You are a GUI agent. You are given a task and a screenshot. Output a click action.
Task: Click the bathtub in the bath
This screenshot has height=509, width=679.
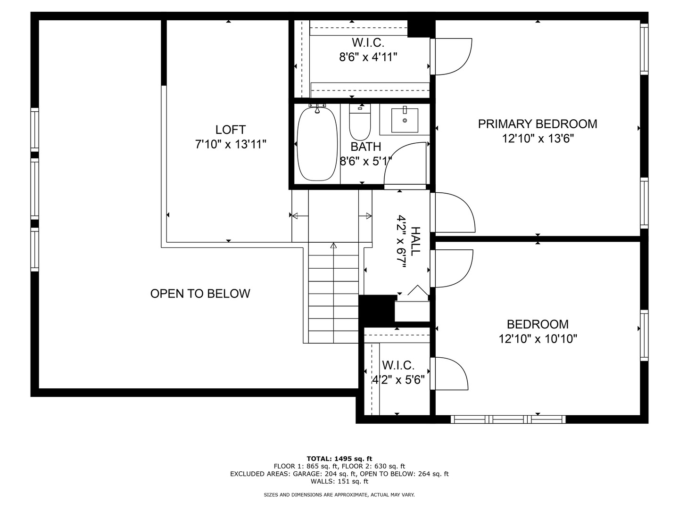(x=317, y=144)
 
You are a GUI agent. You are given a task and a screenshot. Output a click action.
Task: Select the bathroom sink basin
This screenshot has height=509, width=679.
(x=405, y=121)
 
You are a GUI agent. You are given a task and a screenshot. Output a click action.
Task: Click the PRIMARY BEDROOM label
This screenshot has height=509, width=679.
(x=538, y=124)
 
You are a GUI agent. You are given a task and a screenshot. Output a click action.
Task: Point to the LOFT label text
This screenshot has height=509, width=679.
(x=231, y=130)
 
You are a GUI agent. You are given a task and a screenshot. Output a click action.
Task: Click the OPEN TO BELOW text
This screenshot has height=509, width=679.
(x=200, y=294)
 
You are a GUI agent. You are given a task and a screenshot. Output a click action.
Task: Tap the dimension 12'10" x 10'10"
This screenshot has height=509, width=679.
(x=538, y=339)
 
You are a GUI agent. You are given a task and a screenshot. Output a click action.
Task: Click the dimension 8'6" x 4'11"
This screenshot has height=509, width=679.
(x=368, y=57)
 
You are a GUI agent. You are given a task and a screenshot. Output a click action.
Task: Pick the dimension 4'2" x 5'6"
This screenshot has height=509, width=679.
(x=398, y=379)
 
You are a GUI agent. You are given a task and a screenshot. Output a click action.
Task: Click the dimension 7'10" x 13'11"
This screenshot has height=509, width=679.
(x=231, y=144)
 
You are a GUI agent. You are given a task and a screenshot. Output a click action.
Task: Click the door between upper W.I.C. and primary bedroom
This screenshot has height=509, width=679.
(x=452, y=57)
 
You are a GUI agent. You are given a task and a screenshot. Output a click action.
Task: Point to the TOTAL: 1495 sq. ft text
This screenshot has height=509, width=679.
(x=339, y=459)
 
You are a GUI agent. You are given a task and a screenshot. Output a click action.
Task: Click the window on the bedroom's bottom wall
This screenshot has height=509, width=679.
(x=508, y=419)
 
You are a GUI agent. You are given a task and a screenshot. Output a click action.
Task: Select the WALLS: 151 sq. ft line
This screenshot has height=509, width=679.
(x=339, y=481)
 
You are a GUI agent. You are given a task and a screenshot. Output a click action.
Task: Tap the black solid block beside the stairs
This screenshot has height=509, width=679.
(x=377, y=309)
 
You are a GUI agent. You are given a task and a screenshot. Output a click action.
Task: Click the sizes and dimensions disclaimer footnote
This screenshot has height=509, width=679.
(x=339, y=495)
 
